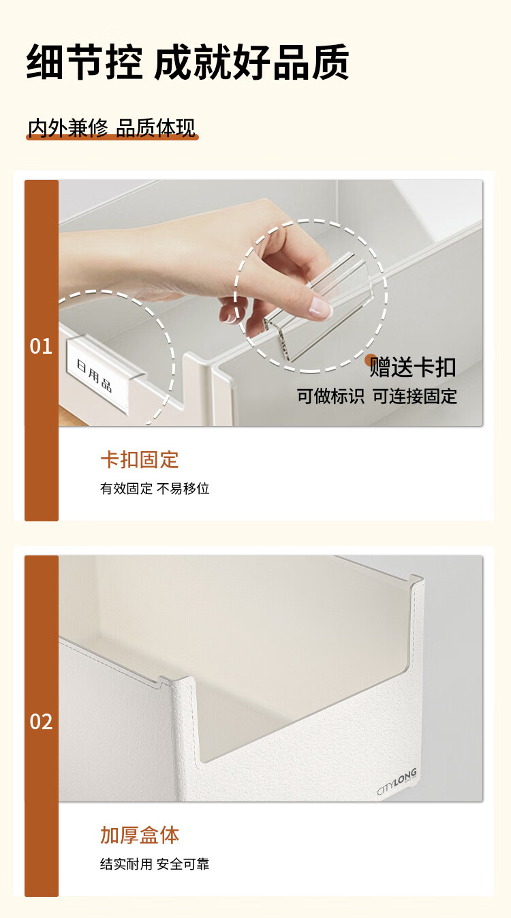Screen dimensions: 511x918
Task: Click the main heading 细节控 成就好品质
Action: point(187,62)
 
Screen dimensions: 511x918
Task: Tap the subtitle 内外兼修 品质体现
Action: point(112,127)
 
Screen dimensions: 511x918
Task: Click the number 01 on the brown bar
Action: point(41,346)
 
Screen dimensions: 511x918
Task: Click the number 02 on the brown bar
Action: point(41,722)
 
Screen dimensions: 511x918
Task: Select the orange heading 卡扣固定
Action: point(139,459)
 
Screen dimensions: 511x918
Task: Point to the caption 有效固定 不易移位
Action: point(155,489)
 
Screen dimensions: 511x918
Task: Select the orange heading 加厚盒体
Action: point(139,835)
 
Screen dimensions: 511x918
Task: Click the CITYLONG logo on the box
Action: point(397,782)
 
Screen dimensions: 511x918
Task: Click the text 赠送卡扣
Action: point(413,367)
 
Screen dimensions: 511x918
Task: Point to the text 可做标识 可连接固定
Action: point(377,396)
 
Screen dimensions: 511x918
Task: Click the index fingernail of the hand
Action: point(320,308)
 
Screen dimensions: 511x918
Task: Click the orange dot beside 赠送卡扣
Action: point(371,359)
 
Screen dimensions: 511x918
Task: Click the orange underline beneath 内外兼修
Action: point(112,137)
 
